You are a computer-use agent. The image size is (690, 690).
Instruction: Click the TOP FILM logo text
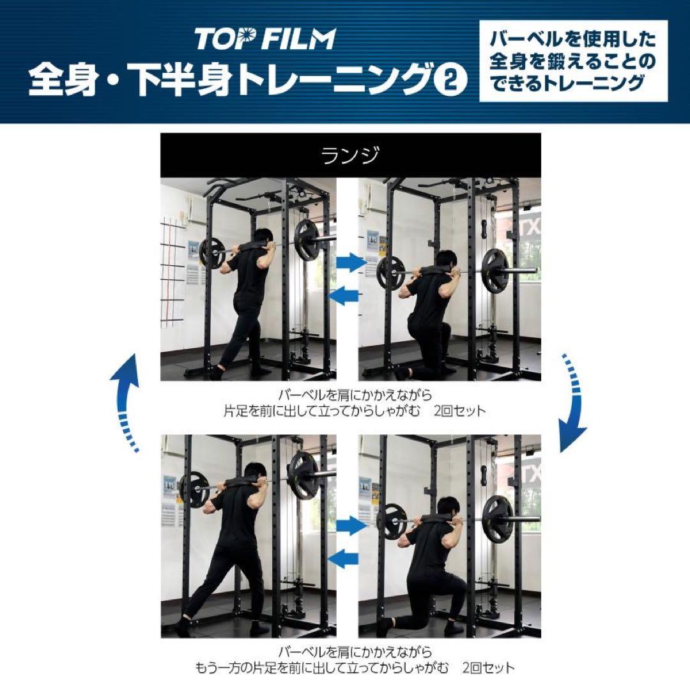pyautogui.click(x=264, y=40)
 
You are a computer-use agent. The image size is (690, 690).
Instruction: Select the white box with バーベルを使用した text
pyautogui.click(x=573, y=61)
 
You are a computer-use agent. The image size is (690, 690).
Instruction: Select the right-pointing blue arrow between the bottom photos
pyautogui.click(x=350, y=526)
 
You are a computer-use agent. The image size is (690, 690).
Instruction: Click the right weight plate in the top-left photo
pyautogui.click(x=307, y=240)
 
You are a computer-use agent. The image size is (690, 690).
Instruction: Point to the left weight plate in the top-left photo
pyautogui.click(x=211, y=253)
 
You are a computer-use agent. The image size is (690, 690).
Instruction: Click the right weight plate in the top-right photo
pyautogui.click(x=495, y=270)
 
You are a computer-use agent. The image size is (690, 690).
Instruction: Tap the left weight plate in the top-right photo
pyautogui.click(x=390, y=273)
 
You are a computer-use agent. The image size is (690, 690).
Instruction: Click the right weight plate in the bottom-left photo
pyautogui.click(x=303, y=475)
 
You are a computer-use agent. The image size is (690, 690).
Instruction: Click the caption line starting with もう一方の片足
pyautogui.click(x=355, y=668)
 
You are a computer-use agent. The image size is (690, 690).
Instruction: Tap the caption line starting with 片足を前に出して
pyautogui.click(x=355, y=411)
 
